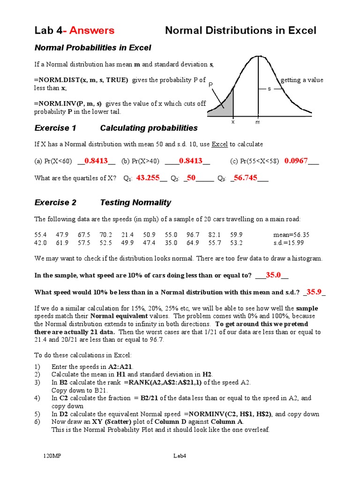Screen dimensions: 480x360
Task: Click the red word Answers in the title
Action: click(92, 30)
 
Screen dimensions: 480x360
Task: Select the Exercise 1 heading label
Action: click(55, 128)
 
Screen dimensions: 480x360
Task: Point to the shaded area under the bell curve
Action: click(224, 107)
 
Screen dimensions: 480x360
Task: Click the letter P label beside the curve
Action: click(211, 85)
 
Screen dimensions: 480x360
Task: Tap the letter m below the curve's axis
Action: click(257, 122)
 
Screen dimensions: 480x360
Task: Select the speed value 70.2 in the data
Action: click(105, 234)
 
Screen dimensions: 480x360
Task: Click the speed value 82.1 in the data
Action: click(214, 234)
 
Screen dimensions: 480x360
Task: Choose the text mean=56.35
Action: click(291, 234)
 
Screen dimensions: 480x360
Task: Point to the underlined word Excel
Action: click(219, 144)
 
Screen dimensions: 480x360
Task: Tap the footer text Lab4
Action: click(180, 456)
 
